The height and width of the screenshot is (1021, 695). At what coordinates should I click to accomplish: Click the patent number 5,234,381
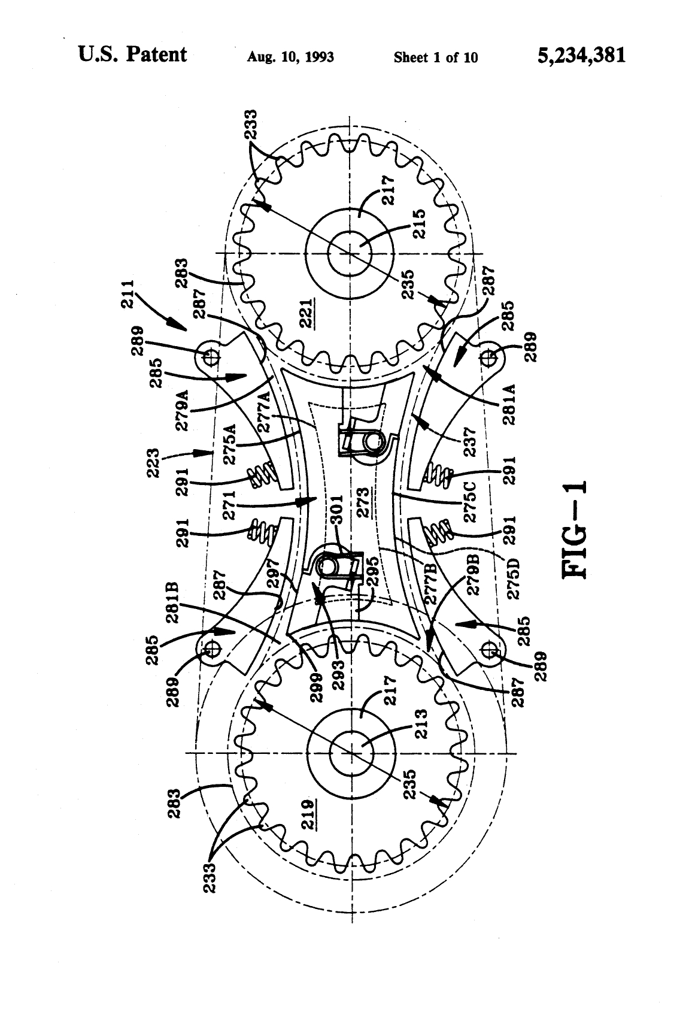[581, 56]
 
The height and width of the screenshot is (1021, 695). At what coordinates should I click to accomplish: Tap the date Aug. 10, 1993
[290, 57]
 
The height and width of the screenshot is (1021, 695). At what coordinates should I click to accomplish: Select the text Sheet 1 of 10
[436, 57]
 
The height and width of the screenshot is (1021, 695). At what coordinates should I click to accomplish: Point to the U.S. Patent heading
[132, 54]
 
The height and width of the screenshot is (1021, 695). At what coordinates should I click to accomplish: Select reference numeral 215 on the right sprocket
[419, 224]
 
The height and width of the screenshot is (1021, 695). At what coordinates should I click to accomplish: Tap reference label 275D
[514, 578]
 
